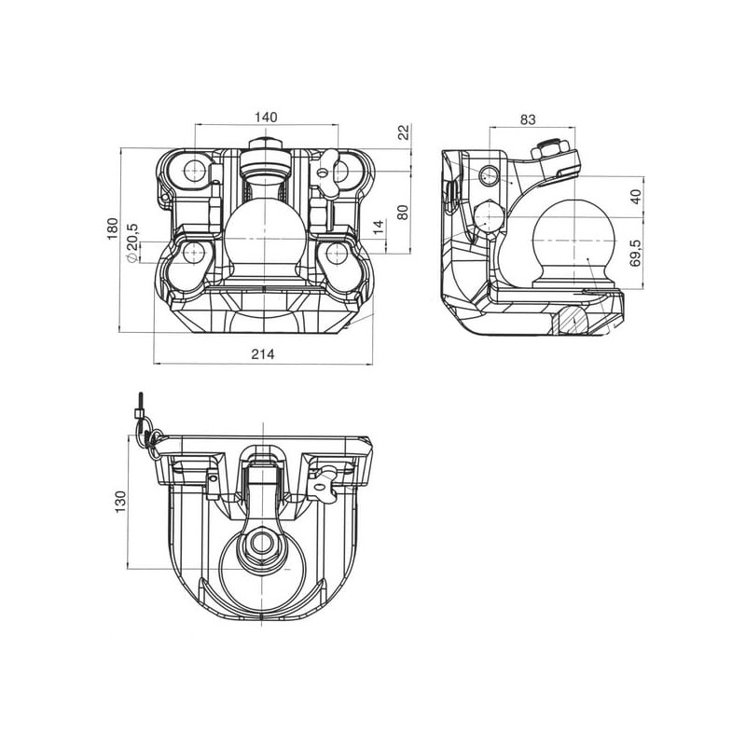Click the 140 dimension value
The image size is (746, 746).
click(x=266, y=117)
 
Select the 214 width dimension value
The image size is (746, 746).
click(x=263, y=354)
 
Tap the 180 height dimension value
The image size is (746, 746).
click(x=112, y=228)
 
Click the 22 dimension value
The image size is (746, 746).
click(x=404, y=131)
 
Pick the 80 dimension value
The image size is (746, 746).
click(x=403, y=213)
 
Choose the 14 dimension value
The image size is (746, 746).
click(x=379, y=227)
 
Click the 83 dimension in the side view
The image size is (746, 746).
click(x=528, y=119)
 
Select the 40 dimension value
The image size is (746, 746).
click(x=636, y=197)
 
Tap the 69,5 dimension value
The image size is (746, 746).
click(x=636, y=253)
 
